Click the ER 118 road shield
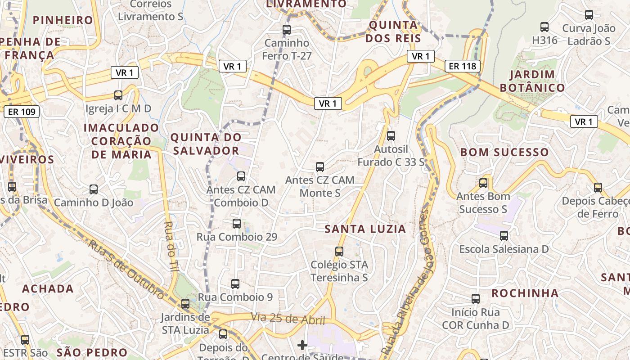463,67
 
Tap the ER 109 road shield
22,112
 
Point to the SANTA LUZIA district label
365,229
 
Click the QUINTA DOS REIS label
393,31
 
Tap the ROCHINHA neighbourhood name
525,293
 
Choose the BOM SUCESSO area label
504,152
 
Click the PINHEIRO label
63,20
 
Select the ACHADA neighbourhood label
48,288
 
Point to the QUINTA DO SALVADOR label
206,144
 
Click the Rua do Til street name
171,245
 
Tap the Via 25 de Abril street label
288,319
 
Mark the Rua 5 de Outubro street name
126,269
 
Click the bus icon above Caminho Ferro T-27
287,30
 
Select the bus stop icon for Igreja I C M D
118,95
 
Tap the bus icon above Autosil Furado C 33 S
391,135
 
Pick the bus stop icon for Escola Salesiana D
504,235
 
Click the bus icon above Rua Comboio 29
237,223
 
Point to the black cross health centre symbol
302,345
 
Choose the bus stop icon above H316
544,27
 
